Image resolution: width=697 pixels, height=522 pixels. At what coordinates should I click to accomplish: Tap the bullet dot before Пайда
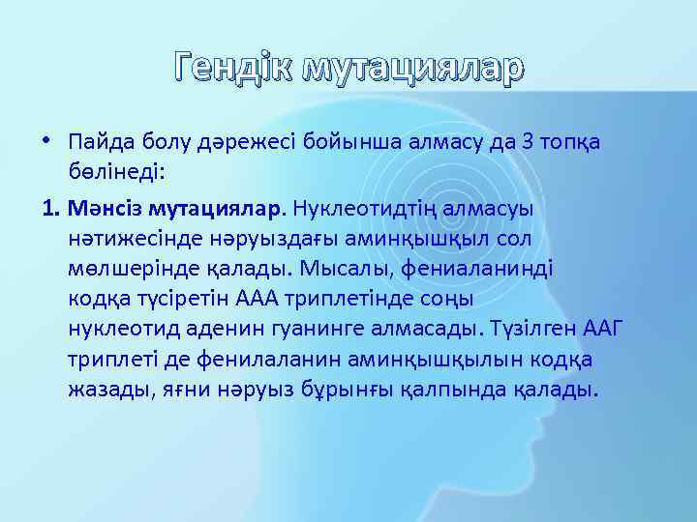48,142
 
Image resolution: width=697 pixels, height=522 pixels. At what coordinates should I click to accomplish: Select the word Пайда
97,142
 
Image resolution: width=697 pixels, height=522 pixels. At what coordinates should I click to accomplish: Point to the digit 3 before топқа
528,142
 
